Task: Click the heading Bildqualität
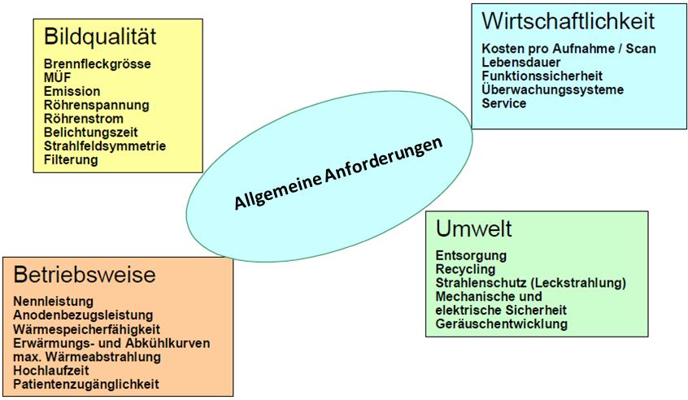[100, 37]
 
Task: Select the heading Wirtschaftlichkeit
[568, 20]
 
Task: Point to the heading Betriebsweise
[84, 276]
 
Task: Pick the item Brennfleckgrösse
[98, 63]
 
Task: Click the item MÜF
[57, 77]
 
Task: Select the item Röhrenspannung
[96, 105]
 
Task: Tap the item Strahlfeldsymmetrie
[105, 146]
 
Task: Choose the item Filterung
[71, 160]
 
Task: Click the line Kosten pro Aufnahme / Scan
[568, 49]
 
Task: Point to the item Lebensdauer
[520, 63]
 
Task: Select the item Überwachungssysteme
[552, 90]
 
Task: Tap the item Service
[503, 104]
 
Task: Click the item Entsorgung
[471, 255]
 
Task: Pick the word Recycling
[465, 269]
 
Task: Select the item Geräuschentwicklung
[502, 324]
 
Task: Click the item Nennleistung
[53, 301]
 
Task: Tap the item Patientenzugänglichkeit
[85, 384]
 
